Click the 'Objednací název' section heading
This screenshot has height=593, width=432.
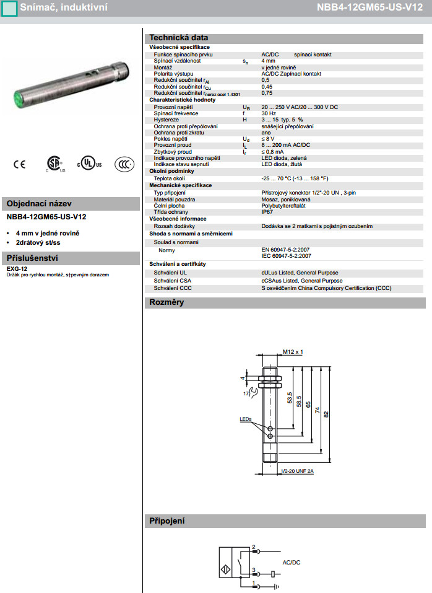(x=40, y=203)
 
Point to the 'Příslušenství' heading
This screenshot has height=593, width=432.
(x=32, y=258)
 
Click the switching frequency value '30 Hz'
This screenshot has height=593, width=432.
(x=269, y=113)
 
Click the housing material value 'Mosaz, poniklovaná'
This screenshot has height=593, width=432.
(x=286, y=199)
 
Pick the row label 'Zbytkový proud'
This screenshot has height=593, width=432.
(x=173, y=151)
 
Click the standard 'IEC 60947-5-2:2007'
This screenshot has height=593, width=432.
(x=286, y=255)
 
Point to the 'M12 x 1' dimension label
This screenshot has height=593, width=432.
(x=293, y=352)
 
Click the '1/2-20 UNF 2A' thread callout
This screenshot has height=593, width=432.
(x=297, y=471)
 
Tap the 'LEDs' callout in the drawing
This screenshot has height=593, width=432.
(x=246, y=419)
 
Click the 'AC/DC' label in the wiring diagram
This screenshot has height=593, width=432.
(x=291, y=562)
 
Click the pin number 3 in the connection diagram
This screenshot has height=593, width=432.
(x=254, y=569)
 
